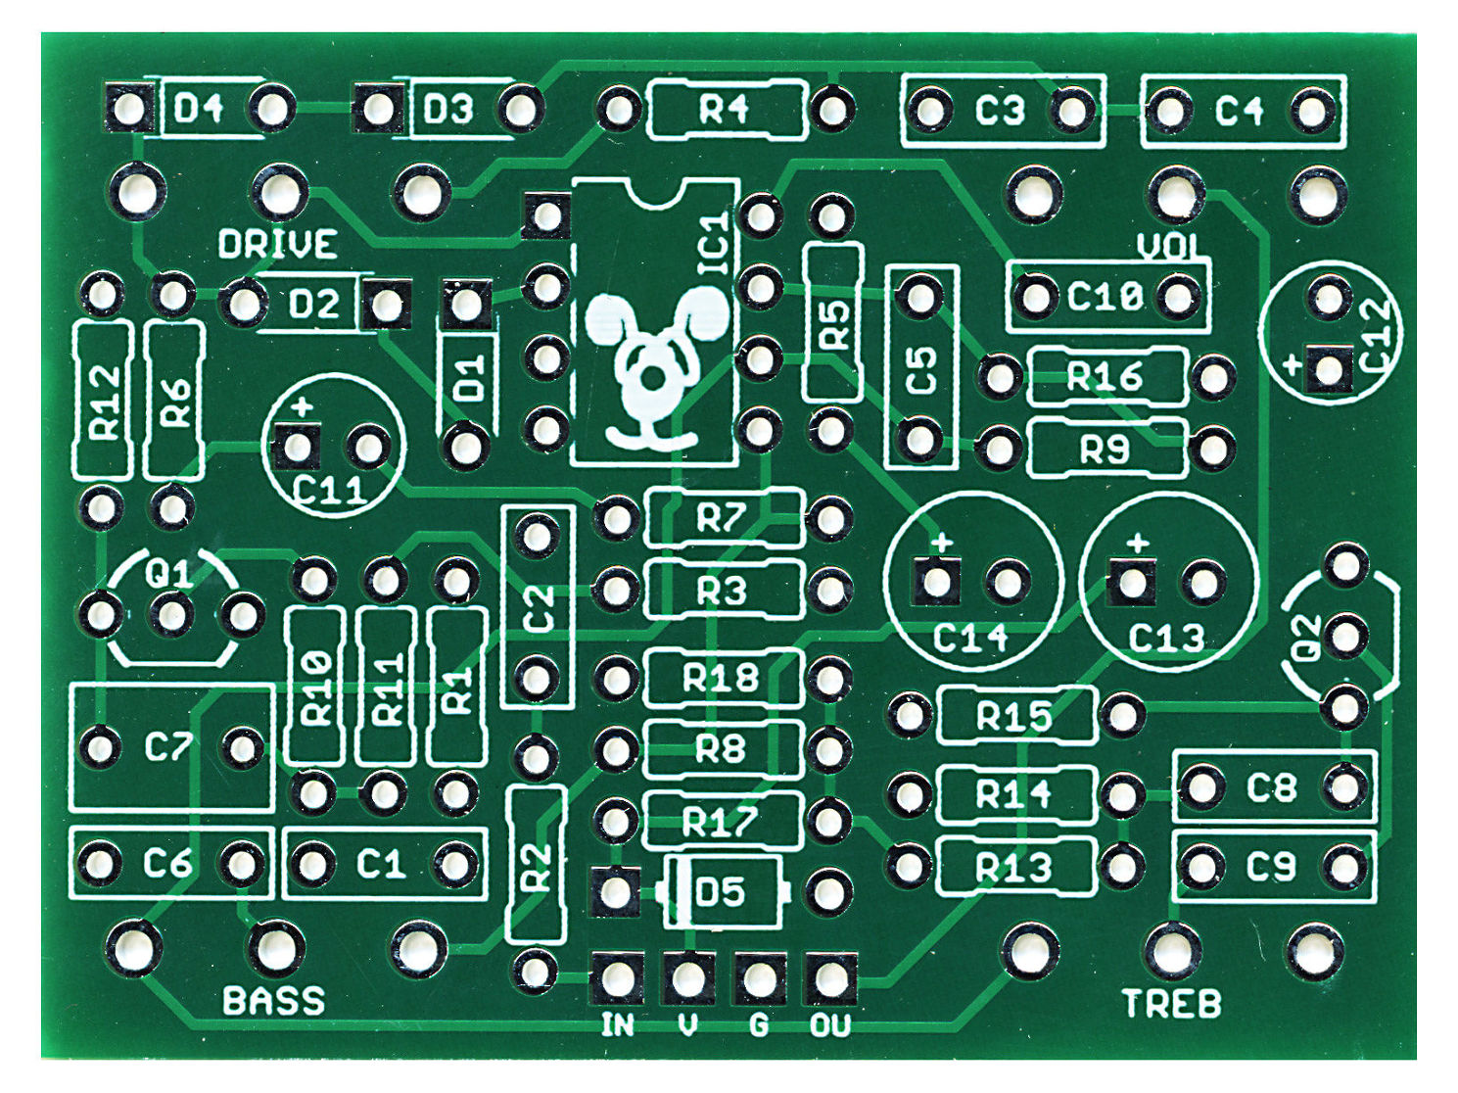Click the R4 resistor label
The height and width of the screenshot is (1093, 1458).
click(725, 110)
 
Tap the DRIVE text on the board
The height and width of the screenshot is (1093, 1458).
click(278, 244)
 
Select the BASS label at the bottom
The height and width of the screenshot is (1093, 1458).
click(273, 1001)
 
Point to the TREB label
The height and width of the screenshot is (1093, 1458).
click(1171, 1004)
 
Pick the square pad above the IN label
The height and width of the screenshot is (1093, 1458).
click(616, 976)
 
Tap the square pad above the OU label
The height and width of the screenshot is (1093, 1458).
click(830, 976)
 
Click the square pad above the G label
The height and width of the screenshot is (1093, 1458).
click(760, 976)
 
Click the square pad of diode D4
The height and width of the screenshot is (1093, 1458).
click(128, 108)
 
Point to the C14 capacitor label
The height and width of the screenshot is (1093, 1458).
click(969, 639)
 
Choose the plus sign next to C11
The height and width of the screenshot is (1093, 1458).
click(302, 405)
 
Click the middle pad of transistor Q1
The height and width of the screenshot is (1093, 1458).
click(171, 616)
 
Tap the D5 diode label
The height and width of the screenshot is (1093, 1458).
click(720, 892)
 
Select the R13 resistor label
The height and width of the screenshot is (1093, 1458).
click(1013, 868)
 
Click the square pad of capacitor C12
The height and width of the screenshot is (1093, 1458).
click(1329, 370)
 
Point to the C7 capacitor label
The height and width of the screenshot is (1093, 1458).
click(168, 748)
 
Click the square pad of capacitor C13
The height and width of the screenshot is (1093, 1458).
click(1132, 583)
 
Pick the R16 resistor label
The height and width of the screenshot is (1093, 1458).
click(1105, 376)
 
